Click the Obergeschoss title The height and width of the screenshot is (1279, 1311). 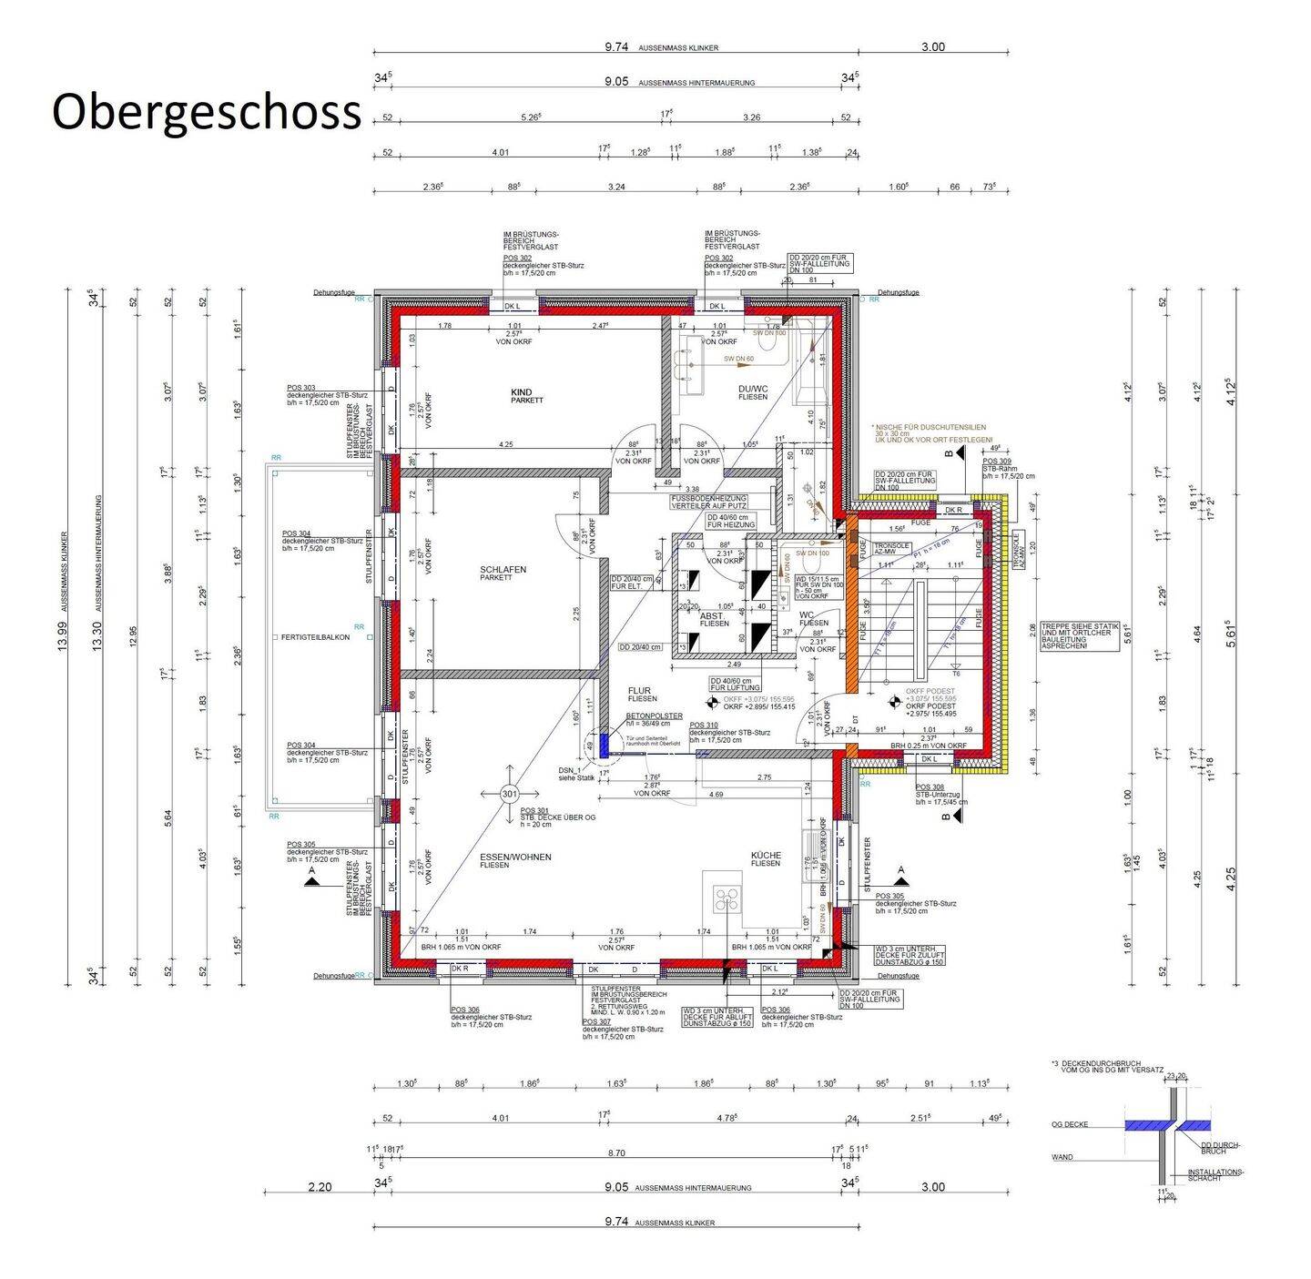207,113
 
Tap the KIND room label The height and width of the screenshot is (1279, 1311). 521,392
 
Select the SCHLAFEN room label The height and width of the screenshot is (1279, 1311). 503,570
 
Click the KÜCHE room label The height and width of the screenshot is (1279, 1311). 766,856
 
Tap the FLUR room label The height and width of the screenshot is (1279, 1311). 639,691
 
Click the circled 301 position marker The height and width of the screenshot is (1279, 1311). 509,795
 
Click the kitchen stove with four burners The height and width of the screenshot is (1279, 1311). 727,900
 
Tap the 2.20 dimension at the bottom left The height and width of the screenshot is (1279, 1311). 320,1187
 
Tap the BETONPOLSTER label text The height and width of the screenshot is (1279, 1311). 654,716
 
